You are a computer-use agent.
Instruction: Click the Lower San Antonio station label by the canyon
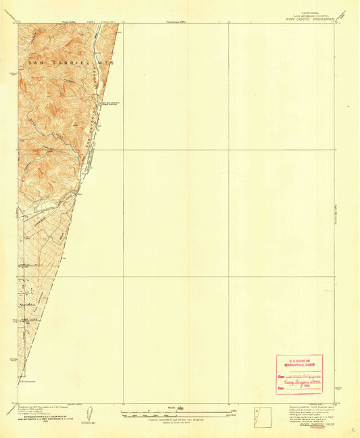[110, 105]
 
